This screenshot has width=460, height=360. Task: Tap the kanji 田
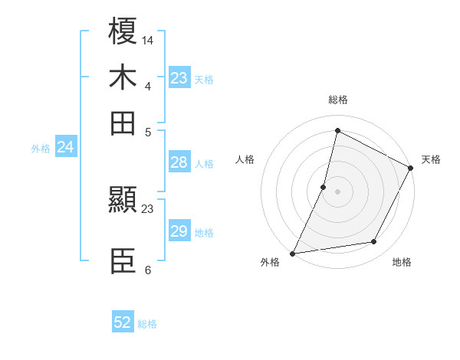(x=123, y=122)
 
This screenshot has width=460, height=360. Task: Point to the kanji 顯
(x=123, y=201)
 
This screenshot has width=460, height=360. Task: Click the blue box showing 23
(x=179, y=78)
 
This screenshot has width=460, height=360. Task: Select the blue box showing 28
(x=179, y=162)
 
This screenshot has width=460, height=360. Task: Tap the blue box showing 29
(x=179, y=231)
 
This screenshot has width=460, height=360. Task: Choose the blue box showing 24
(x=65, y=147)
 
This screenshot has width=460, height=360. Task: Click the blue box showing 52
(x=123, y=322)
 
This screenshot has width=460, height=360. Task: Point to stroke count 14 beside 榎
(x=148, y=39)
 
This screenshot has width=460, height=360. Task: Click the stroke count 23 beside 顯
(x=148, y=208)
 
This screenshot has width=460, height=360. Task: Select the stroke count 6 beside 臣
(x=147, y=270)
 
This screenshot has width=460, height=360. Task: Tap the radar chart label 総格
(x=337, y=100)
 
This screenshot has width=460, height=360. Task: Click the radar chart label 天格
(x=431, y=159)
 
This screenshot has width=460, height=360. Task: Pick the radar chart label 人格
(x=245, y=159)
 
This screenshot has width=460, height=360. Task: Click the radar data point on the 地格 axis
(x=374, y=242)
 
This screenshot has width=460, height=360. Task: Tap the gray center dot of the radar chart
(x=337, y=191)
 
